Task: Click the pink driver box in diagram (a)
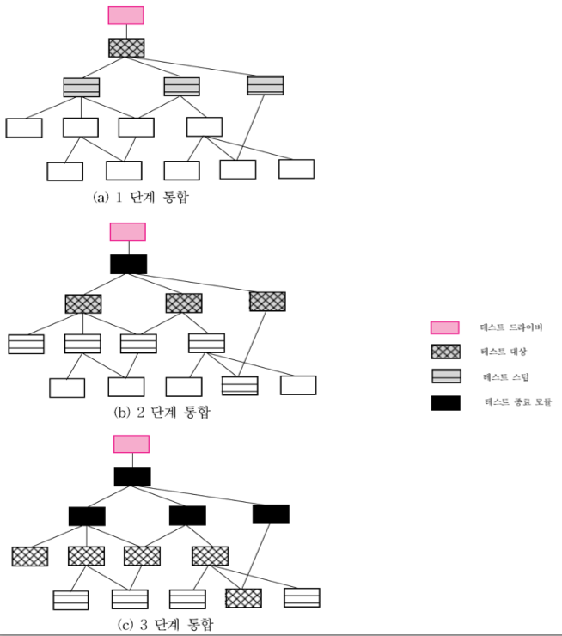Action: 125,15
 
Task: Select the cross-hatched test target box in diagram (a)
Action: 126,48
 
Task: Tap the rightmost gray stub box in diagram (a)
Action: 266,85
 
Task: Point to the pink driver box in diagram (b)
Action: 127,232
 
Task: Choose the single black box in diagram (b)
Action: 128,264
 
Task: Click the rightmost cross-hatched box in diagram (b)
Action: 267,301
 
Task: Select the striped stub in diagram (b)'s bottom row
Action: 240,386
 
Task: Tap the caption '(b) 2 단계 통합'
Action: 162,413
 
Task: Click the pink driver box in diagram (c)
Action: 131,444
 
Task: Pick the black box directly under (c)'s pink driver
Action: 132,476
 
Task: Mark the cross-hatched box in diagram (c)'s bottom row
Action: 243,597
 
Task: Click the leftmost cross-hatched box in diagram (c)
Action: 30,556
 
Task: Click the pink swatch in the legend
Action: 445,327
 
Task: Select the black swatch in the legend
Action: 445,401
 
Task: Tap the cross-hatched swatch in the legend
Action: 445,352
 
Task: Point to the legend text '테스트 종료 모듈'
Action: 515,401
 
